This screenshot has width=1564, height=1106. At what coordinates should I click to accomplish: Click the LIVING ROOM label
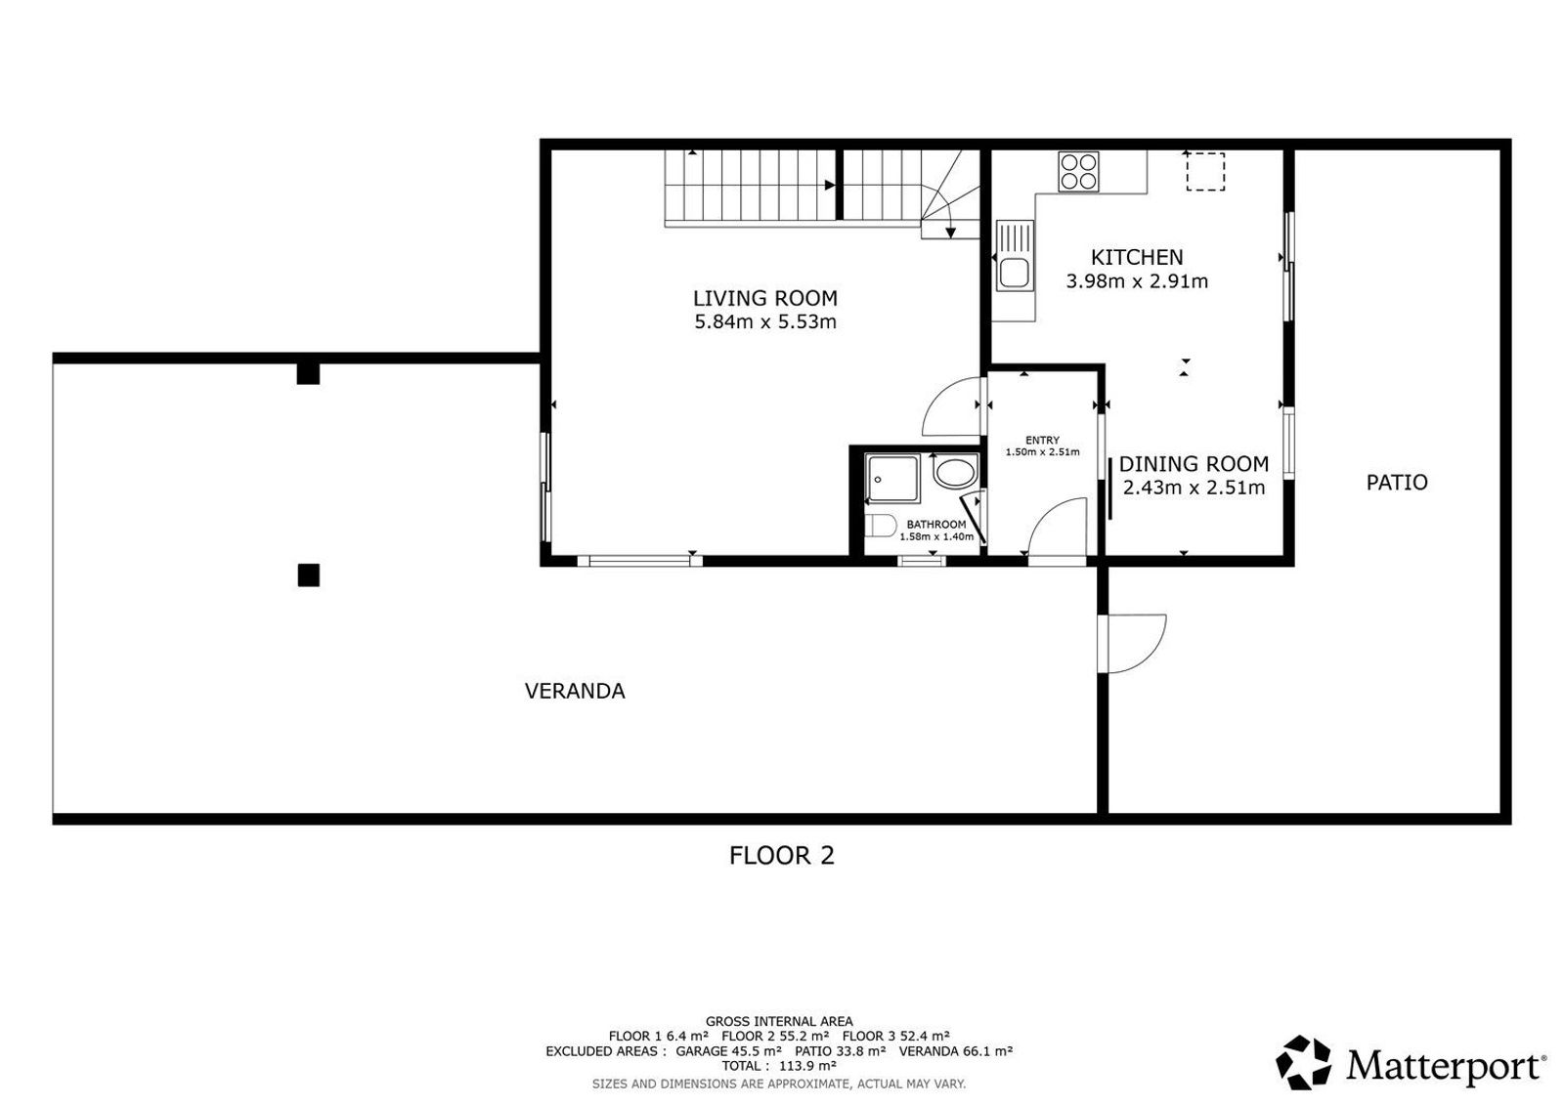point(765,299)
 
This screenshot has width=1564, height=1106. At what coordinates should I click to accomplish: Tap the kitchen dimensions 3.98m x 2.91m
point(1137,281)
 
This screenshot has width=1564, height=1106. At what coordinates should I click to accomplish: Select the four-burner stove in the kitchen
point(1078,172)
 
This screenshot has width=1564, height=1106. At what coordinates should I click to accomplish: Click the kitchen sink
point(1014,255)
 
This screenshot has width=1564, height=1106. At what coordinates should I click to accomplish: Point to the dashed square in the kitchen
point(1205,172)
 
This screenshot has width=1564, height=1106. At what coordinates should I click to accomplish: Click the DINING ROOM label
point(1194,464)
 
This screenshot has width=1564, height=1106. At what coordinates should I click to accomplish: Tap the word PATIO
point(1397,483)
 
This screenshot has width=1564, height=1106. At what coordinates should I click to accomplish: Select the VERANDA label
point(575,691)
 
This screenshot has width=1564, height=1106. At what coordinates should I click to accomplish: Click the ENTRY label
point(1042,441)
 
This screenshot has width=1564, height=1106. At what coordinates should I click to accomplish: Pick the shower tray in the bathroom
point(892,479)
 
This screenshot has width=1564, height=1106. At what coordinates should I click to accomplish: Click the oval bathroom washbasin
point(955,473)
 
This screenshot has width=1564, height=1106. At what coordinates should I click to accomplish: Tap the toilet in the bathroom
point(880,527)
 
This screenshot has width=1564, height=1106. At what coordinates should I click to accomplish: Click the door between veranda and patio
point(1131,643)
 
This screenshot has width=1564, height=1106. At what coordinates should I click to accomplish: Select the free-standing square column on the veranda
point(309,574)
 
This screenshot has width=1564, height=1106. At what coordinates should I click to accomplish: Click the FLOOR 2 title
point(781,856)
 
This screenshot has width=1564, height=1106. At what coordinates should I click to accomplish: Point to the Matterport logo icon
point(1304,1062)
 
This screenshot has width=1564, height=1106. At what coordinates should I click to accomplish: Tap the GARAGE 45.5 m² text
point(728,1051)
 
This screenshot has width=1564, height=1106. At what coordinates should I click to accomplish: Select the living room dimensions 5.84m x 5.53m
point(765,322)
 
